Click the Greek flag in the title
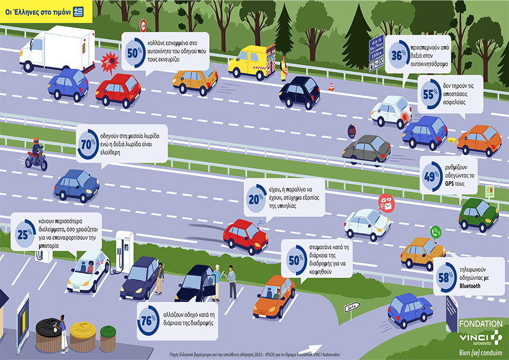point(78,12)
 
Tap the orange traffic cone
point(331,86)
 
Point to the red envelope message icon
point(386,202)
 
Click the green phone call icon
point(436,232)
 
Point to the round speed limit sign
point(142,25)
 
